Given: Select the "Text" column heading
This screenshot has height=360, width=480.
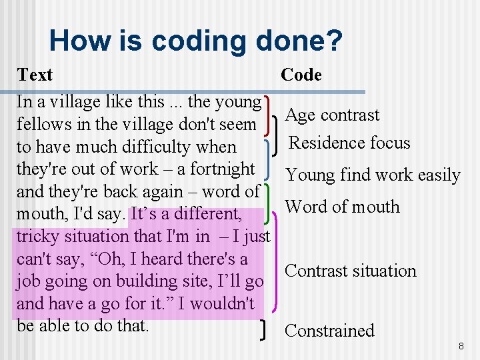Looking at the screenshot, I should click(35, 74).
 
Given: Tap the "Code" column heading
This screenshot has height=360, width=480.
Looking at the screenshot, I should click(301, 75).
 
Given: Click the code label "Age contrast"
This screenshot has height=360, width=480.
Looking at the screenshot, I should click(332, 115).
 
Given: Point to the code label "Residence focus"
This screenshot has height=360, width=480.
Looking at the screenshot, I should click(349, 143).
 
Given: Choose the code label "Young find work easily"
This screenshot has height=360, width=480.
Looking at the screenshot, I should click(373, 175).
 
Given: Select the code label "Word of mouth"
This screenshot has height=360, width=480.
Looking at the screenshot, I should click(342, 207).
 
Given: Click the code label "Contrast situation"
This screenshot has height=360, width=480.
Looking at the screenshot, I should click(351, 271).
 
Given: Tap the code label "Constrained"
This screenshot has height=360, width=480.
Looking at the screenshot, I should click(329, 331).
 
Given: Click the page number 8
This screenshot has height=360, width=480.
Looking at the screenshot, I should click(461, 347).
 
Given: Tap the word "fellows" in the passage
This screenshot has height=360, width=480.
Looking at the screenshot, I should click(42, 124).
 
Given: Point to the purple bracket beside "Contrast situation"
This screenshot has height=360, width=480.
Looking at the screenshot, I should click(276, 267).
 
